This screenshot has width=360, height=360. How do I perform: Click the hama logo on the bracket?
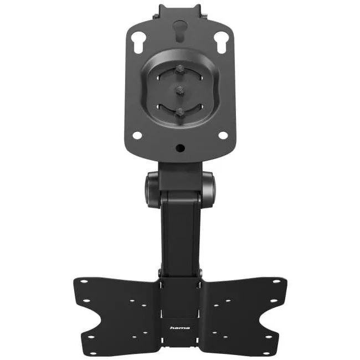point(180,328)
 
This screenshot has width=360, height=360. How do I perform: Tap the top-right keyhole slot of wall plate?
point(220,43)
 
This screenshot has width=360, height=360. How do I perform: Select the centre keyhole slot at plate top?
point(180,31)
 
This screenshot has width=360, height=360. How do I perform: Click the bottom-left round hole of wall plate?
point(137,135)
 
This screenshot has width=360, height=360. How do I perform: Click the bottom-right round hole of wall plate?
point(223,135)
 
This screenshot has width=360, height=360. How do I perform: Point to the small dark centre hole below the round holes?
point(180,148)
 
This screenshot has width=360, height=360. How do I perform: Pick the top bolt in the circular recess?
point(180,70)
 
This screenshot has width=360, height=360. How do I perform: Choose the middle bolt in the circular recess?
point(180,91)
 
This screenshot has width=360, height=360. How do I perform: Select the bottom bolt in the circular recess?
point(180,112)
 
